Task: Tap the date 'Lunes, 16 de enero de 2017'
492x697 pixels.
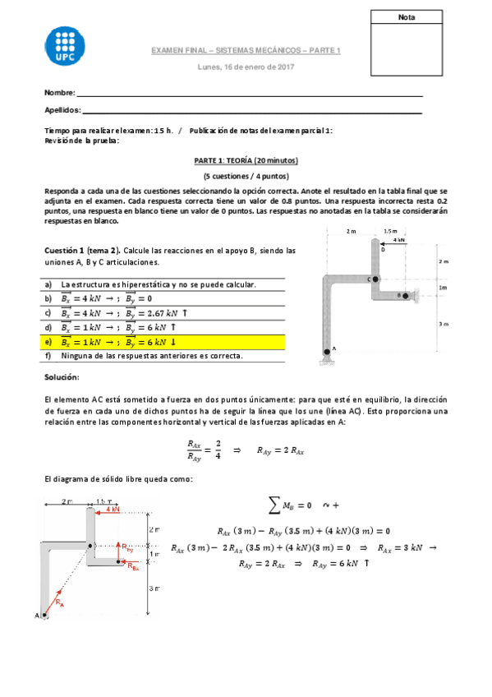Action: pyautogui.click(x=246, y=67)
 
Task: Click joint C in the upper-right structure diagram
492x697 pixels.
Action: pyautogui.click(x=374, y=279)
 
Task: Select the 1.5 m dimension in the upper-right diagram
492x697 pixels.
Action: pyautogui.click(x=389, y=231)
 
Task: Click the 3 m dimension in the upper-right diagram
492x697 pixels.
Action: pyautogui.click(x=444, y=324)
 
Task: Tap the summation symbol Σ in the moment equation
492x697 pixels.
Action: pyautogui.click(x=273, y=503)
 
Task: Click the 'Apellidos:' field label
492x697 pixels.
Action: pyautogui.click(x=62, y=109)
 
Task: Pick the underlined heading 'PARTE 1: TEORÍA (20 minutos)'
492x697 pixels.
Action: pyautogui.click(x=246, y=161)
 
